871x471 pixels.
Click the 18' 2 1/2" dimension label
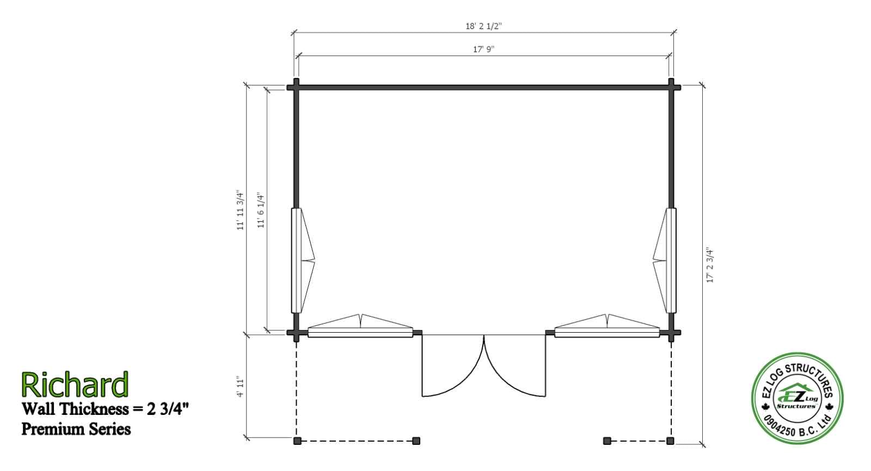pos(484,26)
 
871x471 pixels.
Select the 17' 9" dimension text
pos(484,50)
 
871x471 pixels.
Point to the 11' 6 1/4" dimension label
pos(261,210)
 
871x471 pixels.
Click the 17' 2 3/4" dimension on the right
pos(710,265)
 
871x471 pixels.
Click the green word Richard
pos(75,384)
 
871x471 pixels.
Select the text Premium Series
pos(76,429)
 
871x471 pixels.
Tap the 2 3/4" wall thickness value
pos(168,409)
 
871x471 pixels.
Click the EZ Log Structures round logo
pos(797,398)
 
